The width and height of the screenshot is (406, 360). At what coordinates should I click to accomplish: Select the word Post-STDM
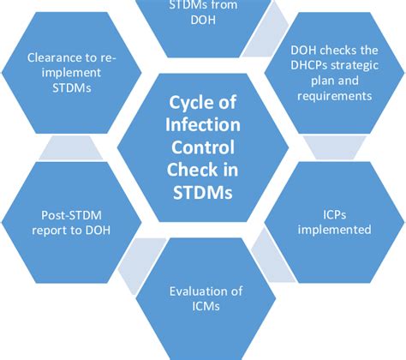pos(67,216)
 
